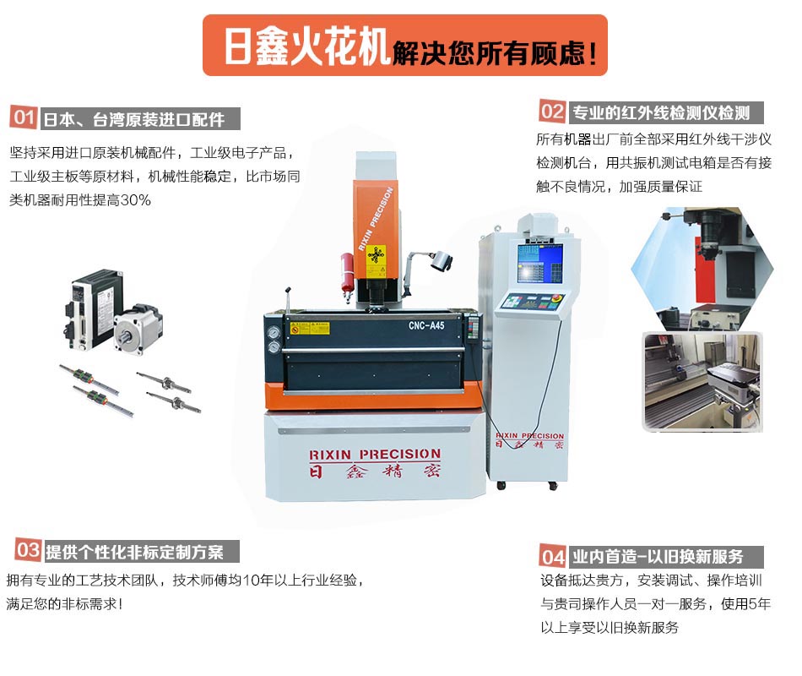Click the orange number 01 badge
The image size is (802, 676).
(24, 117)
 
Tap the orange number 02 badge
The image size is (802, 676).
(552, 112)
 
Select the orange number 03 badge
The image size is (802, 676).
(28, 551)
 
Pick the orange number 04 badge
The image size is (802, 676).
(553, 556)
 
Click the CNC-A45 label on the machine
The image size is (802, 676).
(426, 325)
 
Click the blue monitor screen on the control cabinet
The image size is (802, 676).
(539, 264)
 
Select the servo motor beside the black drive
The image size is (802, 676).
(138, 330)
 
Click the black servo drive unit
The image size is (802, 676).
(94, 309)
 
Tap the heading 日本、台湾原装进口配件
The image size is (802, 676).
(134, 119)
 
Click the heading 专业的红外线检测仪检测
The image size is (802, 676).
(661, 112)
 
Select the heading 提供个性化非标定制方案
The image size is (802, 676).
(134, 552)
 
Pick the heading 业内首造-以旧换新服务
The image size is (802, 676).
(658, 557)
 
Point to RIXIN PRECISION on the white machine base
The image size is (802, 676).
(375, 455)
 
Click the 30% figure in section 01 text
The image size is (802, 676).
(136, 200)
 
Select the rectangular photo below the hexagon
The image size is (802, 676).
(702, 382)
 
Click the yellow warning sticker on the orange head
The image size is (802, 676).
(376, 255)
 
